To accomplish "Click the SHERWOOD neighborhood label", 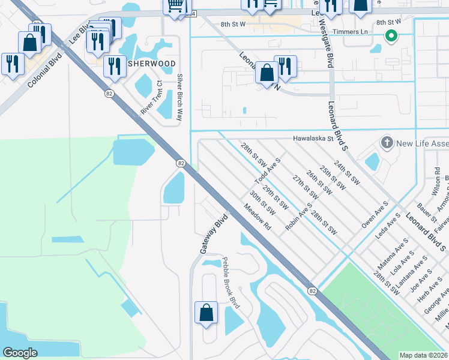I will (x=151, y=64).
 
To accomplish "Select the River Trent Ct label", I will (x=151, y=98).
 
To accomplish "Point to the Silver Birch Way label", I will (x=179, y=97).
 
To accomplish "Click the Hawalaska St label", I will (x=313, y=138).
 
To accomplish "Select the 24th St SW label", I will (x=348, y=172).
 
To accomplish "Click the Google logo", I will (x=20, y=353).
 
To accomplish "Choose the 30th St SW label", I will (x=263, y=203).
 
